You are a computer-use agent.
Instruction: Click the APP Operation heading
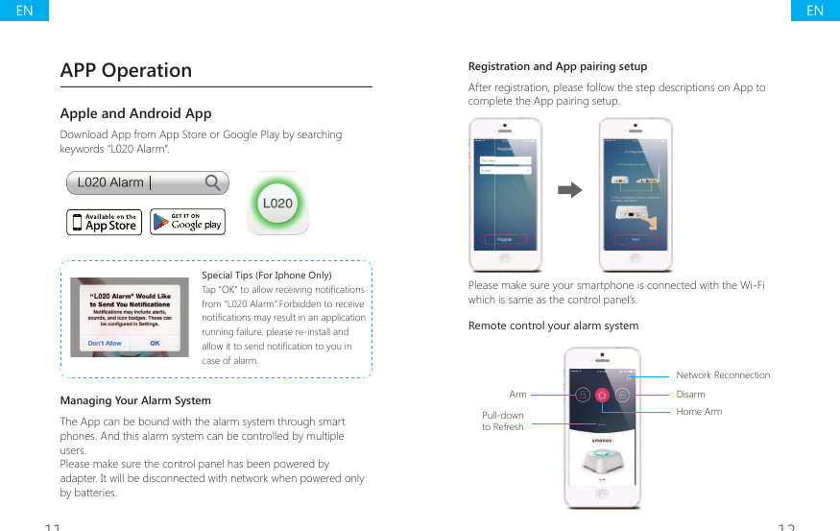coord(126,70)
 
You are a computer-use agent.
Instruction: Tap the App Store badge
coord(104,222)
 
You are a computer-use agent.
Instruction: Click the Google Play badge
coord(187,222)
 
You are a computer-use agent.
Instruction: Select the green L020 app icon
coord(277,203)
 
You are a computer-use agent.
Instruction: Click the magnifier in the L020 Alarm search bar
coord(214,182)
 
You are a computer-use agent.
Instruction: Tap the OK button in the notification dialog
coord(155,343)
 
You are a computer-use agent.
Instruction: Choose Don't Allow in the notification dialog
coord(105,343)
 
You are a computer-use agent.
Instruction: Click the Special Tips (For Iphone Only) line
coord(266,276)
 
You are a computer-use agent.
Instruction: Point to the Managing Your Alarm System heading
coord(135,400)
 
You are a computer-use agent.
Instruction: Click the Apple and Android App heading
coord(135,113)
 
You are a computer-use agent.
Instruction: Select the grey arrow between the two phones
coord(570,190)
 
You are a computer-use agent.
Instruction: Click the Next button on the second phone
coord(636,239)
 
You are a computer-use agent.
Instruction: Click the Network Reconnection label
coord(723,375)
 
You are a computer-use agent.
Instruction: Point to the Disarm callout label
coord(690,395)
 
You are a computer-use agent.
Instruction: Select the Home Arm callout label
coord(699,412)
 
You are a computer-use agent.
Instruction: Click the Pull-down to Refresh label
coord(503,422)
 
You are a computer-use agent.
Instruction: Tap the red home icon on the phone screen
coord(602,395)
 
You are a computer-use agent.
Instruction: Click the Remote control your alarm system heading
coord(553,326)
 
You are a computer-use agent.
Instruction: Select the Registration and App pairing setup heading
coord(557,66)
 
